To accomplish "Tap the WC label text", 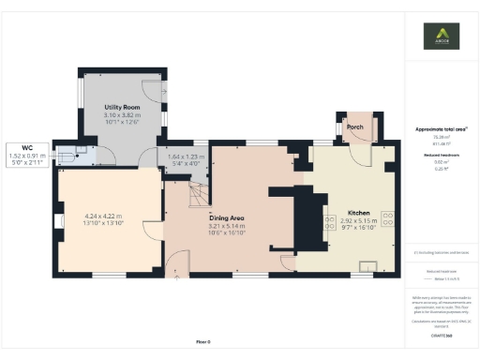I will tap(27, 147).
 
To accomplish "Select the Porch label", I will tap(355, 126).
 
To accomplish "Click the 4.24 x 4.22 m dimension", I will tap(103, 217).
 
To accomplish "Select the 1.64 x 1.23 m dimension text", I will tap(186, 156).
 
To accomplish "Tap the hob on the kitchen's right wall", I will tap(385, 221).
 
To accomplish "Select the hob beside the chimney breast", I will tap(329, 221).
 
